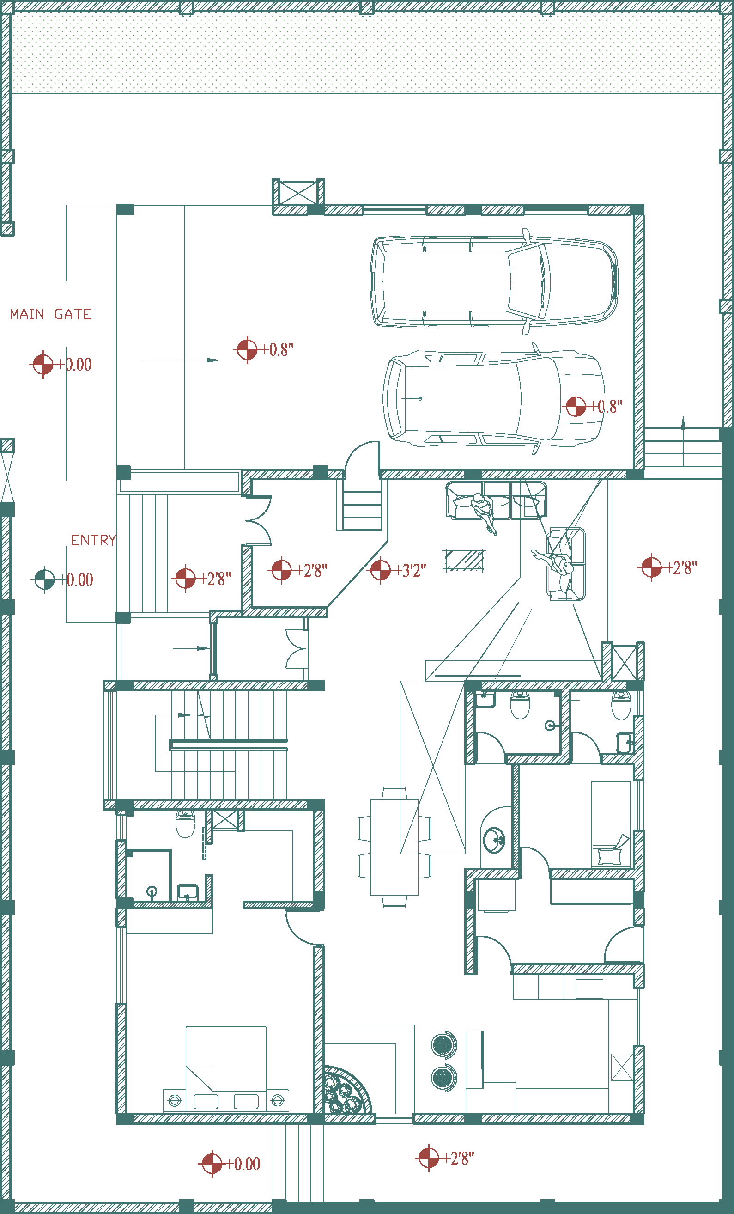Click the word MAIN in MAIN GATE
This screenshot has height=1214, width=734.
[27, 314]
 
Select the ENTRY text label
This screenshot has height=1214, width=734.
[94, 541]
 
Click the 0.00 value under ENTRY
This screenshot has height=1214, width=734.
[80, 580]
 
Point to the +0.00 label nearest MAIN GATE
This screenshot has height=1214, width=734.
[74, 365]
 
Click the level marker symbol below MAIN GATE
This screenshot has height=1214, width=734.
[43, 365]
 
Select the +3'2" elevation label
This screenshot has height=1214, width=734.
[411, 571]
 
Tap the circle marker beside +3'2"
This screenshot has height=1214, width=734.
[380, 570]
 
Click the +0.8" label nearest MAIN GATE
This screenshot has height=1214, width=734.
[277, 350]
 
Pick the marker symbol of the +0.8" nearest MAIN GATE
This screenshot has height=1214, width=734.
[247, 350]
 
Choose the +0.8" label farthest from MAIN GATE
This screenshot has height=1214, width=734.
[607, 407]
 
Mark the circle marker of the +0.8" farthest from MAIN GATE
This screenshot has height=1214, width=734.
[576, 407]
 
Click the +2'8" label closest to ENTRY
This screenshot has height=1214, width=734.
[216, 579]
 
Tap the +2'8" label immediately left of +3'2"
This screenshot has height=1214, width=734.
[312, 571]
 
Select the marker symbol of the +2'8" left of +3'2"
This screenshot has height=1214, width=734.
[282, 570]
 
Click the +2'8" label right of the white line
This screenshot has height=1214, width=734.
[682, 568]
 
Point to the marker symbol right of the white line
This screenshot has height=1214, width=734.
[651, 568]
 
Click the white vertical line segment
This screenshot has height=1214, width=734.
[548, 579]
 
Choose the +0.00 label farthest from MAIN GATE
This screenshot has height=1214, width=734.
[243, 1164]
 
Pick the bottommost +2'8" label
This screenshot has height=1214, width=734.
[459, 1159]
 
